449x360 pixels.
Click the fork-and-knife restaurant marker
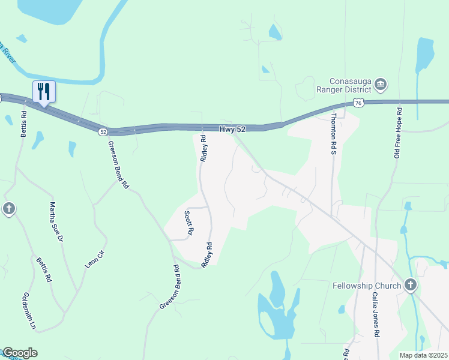point(44,92)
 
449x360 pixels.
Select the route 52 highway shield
point(103,131)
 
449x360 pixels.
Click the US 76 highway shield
point(358,103)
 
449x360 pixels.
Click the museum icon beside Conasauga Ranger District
point(381,87)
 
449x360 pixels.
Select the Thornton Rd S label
point(334,133)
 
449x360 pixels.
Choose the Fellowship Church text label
point(366,286)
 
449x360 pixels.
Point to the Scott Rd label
point(188,223)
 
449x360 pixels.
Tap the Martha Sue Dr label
point(56,221)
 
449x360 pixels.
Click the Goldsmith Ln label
point(29,311)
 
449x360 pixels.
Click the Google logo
point(19,353)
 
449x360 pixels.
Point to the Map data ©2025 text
point(423,355)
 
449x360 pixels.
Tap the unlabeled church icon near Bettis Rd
point(8,209)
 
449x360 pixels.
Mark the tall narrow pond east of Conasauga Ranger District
point(425,54)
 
